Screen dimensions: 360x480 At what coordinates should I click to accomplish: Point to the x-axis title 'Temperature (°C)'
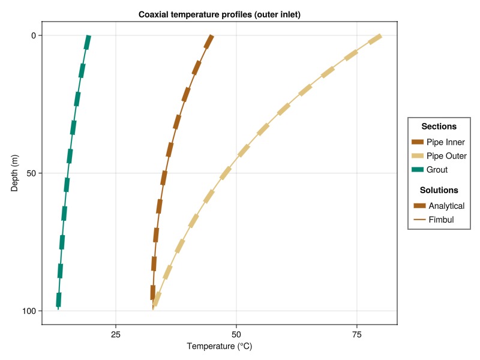219,346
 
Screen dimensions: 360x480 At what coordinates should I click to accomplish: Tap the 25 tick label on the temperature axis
116,334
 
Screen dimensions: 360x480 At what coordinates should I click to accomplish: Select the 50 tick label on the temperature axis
236,334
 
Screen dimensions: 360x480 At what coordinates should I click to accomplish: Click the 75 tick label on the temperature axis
356,334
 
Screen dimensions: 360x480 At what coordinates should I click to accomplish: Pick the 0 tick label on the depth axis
34,35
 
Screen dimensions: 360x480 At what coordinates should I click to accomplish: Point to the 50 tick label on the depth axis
31,173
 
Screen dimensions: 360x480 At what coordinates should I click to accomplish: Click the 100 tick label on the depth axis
29,311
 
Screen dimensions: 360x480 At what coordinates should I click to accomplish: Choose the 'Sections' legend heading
439,127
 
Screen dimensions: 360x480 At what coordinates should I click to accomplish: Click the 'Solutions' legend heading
439,190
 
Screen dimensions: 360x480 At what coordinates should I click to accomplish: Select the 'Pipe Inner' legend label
446,142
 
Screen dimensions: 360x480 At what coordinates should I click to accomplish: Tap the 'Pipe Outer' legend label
446,156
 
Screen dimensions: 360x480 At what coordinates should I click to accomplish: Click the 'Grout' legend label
437,170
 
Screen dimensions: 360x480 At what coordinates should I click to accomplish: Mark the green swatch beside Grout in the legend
418,170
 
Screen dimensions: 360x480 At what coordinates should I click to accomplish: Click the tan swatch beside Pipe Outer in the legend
418,156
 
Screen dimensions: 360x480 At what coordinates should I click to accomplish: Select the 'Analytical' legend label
446,206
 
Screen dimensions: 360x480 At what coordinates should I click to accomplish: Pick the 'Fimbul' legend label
441,220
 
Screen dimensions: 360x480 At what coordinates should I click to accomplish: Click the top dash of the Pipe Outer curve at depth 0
375,39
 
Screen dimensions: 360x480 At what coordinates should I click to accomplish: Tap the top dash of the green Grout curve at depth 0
88,42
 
